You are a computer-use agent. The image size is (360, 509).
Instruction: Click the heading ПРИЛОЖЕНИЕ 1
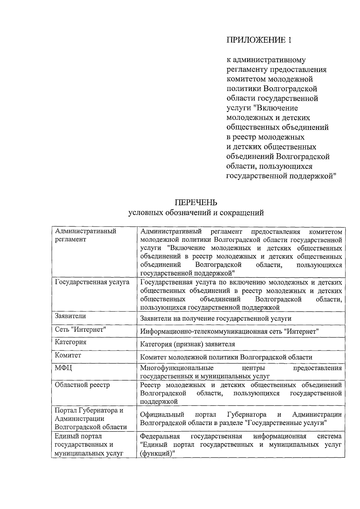click(x=259, y=40)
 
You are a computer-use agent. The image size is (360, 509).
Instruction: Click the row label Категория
click(x=70, y=342)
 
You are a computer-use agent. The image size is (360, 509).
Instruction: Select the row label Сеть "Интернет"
click(x=81, y=329)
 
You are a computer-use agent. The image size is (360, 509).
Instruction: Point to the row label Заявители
click(x=70, y=316)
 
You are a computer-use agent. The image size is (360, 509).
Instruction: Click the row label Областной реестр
click(x=82, y=385)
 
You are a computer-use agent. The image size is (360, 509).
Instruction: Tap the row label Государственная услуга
click(x=92, y=282)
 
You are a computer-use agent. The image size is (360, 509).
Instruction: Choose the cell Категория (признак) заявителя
click(x=187, y=344)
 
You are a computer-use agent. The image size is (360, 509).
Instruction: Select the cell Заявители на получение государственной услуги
click(x=216, y=319)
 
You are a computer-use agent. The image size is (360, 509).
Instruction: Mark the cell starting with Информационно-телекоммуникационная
click(x=229, y=331)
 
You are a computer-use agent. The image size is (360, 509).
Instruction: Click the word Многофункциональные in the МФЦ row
click(x=177, y=368)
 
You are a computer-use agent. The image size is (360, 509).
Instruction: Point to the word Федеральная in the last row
click(x=160, y=436)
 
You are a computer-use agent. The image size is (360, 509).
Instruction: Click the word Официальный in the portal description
click(x=162, y=415)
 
